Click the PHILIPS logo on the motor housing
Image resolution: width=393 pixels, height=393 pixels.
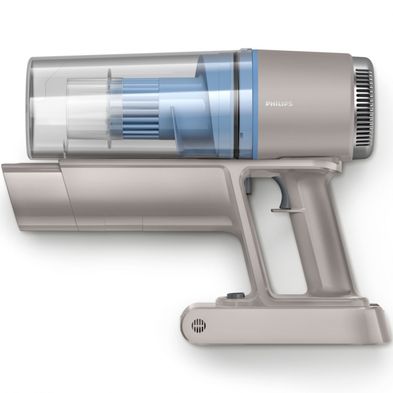click(279, 104)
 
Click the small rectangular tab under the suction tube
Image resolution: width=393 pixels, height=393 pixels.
click(123, 222)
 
